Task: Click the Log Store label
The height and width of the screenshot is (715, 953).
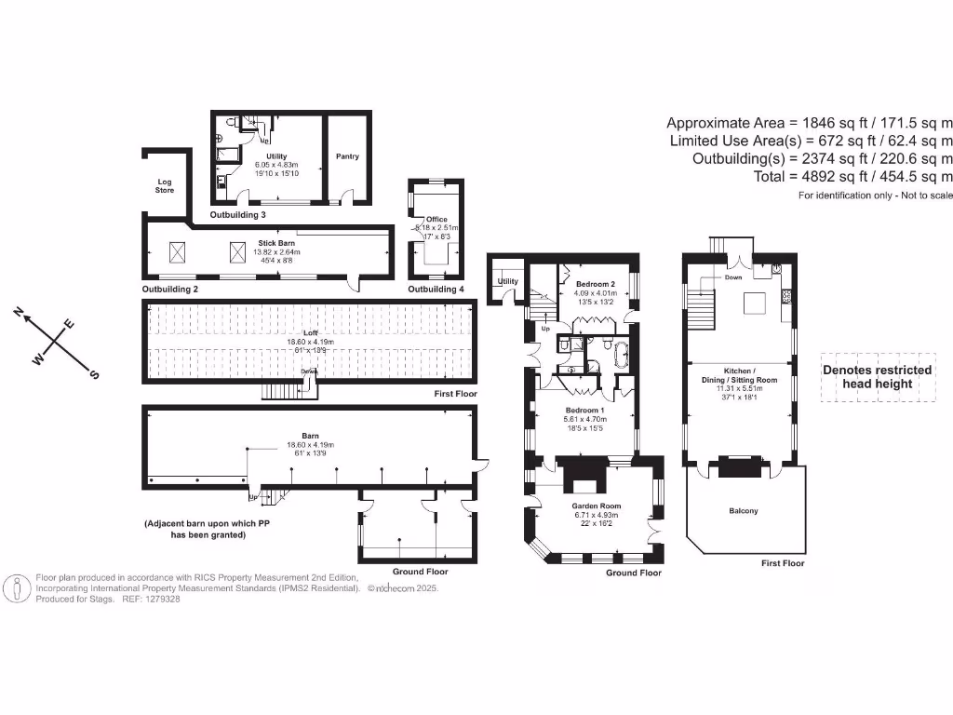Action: (x=164, y=184)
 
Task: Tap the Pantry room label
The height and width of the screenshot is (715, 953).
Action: (x=347, y=156)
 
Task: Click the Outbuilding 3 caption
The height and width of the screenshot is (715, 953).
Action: (x=237, y=215)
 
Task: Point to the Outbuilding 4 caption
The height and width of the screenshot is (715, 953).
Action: (x=436, y=290)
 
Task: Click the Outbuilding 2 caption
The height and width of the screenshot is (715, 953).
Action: (x=170, y=290)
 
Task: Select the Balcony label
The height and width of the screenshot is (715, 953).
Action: (x=743, y=510)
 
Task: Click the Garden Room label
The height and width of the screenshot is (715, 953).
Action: (x=597, y=506)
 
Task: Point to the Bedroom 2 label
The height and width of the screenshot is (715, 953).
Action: (x=595, y=284)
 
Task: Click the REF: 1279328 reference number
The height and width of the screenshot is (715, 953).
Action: (x=150, y=600)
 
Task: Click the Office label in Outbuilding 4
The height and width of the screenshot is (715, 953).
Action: (x=436, y=220)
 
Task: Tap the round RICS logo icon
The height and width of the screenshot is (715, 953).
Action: (x=18, y=589)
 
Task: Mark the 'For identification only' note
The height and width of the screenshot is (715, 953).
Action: (x=875, y=196)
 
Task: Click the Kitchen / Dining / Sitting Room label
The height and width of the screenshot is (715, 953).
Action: (x=739, y=380)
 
